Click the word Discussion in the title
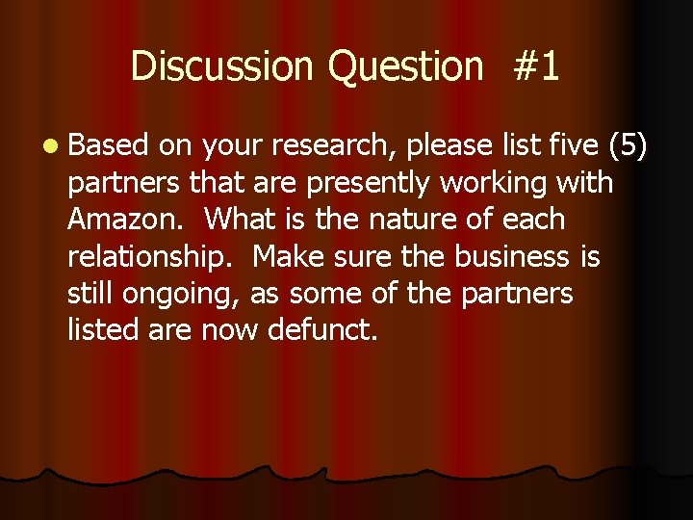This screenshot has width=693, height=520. (x=222, y=66)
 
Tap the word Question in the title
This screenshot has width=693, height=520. (x=405, y=66)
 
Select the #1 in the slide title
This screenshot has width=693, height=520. (x=537, y=66)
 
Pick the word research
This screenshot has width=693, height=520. (x=333, y=145)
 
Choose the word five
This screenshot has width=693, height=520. (x=573, y=145)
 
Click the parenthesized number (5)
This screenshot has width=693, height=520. (x=629, y=146)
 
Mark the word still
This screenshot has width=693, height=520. (x=91, y=294)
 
